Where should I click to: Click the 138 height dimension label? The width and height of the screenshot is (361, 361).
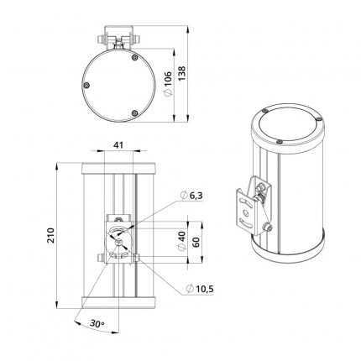click(x=182, y=74)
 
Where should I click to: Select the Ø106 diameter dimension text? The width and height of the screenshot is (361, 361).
click(x=168, y=84)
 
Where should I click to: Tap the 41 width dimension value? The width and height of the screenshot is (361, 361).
click(x=118, y=145)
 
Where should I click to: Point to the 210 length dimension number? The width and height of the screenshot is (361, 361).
click(x=51, y=235)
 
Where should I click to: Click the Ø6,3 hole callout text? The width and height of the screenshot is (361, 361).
click(x=191, y=196)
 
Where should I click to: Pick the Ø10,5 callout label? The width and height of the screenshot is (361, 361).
click(x=200, y=289)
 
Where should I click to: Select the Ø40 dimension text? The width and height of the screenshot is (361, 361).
click(x=181, y=241)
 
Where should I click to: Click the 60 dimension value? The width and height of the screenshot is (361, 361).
click(x=196, y=242)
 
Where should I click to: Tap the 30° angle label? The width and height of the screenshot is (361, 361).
click(x=97, y=323)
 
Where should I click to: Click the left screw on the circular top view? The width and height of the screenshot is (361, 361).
click(x=86, y=86)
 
